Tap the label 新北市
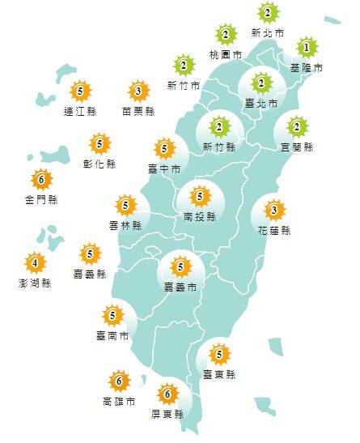click(268, 33)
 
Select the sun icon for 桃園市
click(226, 36)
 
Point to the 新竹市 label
click(184, 86)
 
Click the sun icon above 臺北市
click(260, 83)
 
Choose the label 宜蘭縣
click(298, 147)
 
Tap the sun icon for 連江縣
click(78, 92)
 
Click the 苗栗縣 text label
click(138, 111)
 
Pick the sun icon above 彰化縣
click(100, 144)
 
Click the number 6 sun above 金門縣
click(40, 179)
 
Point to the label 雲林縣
click(125, 224)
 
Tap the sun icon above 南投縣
click(199, 195)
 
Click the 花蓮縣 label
click(274, 231)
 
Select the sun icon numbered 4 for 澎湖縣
click(35, 262)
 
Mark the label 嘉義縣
click(90, 274)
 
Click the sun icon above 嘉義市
click(180, 266)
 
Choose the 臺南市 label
click(112, 335)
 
